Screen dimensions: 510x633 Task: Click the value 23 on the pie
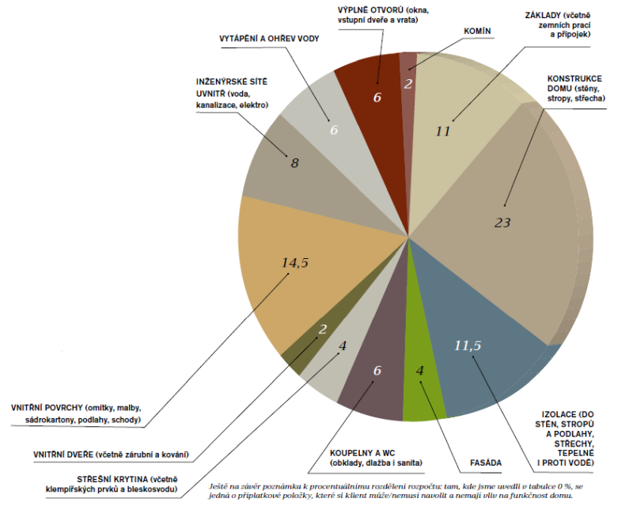502,223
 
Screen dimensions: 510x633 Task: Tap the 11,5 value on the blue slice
468,345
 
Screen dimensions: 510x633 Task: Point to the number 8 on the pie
294,163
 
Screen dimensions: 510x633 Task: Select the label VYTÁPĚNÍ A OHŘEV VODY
269,39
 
